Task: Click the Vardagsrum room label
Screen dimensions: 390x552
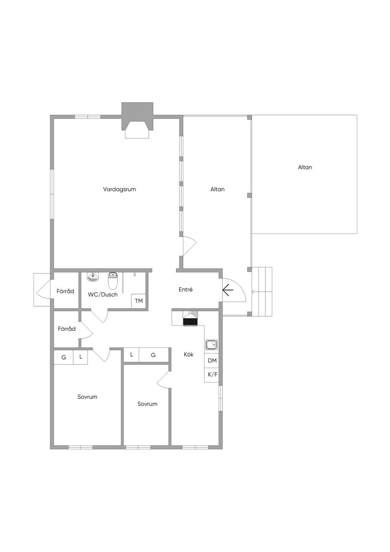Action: point(120,189)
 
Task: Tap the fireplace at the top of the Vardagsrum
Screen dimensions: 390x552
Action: point(137,120)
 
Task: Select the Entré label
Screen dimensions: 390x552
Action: point(185,290)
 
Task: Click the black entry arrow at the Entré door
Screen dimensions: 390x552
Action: point(228,290)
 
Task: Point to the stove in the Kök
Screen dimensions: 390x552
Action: point(190,322)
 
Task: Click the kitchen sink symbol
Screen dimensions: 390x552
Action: point(212,345)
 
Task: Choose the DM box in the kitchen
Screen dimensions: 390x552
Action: point(212,360)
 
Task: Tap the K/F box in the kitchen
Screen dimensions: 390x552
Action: point(212,375)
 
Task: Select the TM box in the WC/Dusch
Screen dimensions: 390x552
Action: point(139,301)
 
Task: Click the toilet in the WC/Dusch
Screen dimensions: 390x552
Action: point(113,281)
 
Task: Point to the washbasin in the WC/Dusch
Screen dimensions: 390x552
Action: point(93,277)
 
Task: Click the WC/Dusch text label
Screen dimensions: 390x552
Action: point(103,294)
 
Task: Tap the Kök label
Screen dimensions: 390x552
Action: point(189,354)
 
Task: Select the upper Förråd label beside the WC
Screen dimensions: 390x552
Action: point(65,291)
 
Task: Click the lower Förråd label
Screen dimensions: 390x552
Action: point(67,329)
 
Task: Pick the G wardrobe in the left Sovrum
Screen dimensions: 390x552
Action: point(64,357)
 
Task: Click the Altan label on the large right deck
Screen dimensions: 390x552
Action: point(305,167)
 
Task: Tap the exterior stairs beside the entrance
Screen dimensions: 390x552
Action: point(262,292)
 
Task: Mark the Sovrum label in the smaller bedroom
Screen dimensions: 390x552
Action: point(147,404)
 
